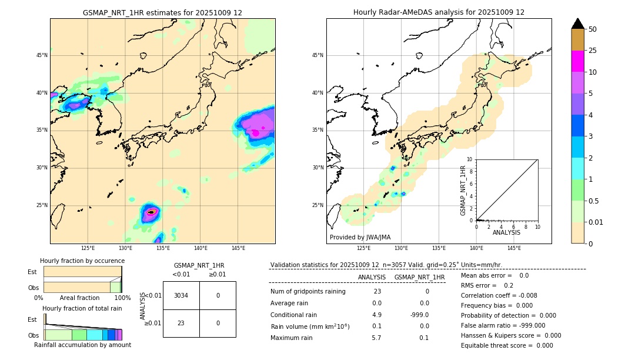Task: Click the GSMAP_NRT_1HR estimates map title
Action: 162,12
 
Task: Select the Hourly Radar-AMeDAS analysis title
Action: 439,12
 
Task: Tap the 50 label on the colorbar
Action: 593,29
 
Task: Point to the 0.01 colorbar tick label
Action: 596,222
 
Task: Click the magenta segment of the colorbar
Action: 577,61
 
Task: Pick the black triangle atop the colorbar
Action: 577,24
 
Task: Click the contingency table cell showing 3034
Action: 181,295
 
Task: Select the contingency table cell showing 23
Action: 181,323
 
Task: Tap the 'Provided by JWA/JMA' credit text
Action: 360,237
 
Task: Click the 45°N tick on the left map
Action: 42,55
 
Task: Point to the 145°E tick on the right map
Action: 514,248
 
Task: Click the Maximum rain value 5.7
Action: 376,338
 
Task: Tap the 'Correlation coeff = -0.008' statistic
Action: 499,295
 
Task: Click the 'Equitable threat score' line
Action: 507,345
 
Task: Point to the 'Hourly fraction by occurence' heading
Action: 82,261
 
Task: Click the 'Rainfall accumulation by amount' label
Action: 82,345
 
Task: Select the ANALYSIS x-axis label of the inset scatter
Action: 506,232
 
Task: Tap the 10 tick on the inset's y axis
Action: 470,159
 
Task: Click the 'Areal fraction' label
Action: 80,298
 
